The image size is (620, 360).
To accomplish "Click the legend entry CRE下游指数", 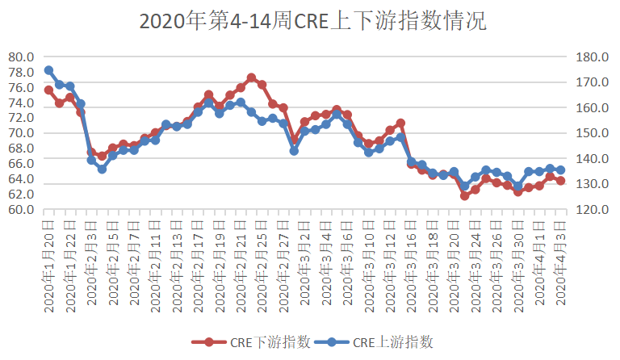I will tap(253, 342).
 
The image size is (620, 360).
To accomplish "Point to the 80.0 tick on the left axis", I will tap(21, 57).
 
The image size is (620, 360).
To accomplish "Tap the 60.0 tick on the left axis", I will tap(21, 210).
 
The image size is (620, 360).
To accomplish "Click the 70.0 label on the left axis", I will tap(21, 133).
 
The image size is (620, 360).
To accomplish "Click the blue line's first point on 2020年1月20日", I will tap(48, 70).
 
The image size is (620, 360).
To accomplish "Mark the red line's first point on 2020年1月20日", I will tap(48, 90).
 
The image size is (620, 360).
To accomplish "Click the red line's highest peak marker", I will tap(251, 77).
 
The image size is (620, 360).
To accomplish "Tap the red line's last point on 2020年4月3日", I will tap(560, 180).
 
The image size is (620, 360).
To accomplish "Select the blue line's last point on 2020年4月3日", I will tap(560, 170).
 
